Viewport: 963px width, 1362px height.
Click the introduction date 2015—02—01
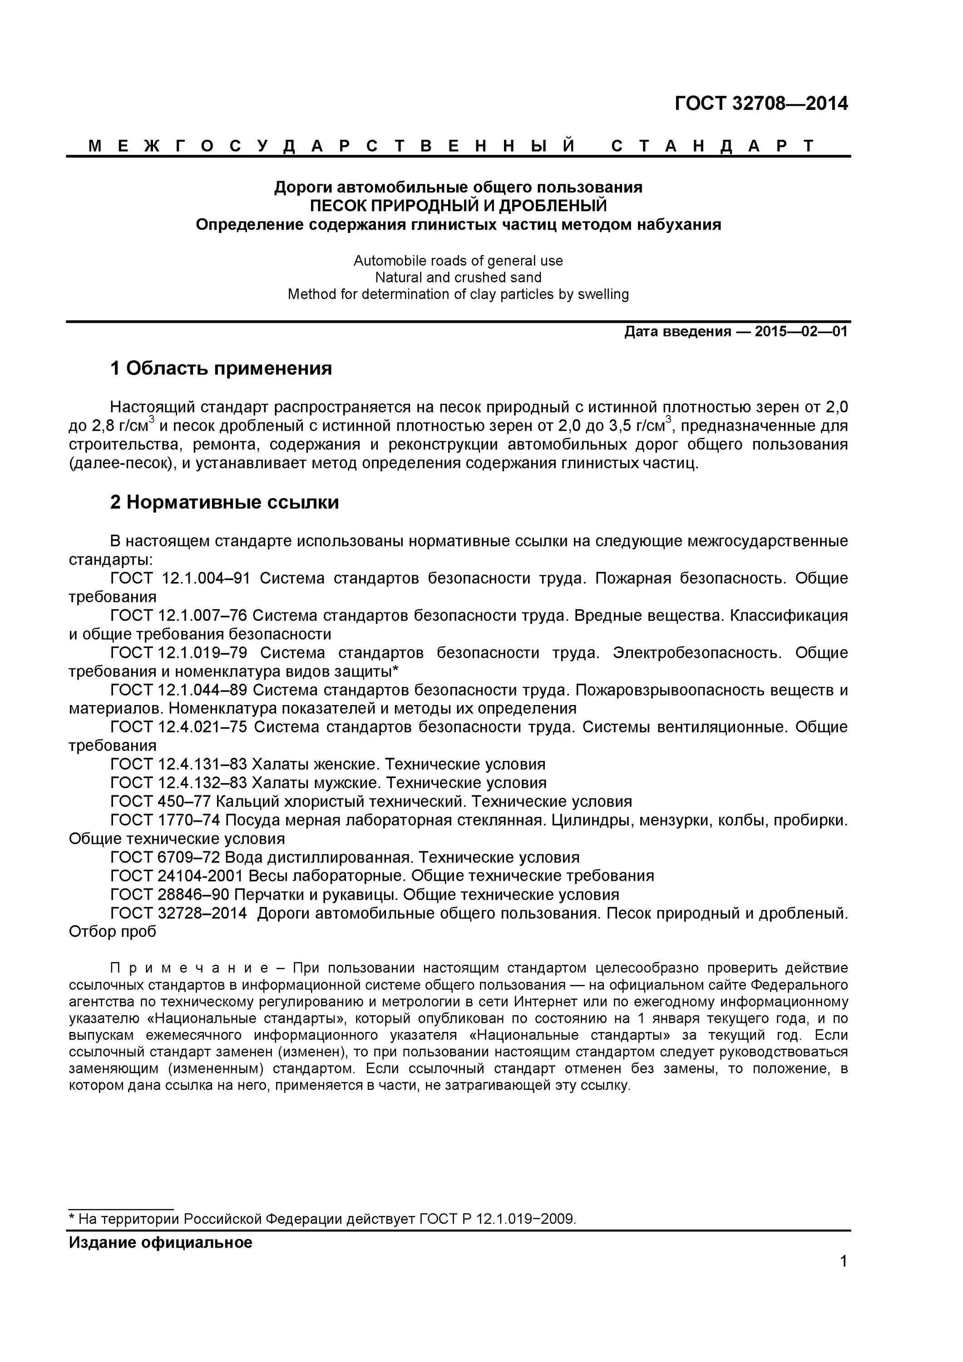pos(800,331)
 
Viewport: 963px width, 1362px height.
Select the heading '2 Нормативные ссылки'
pos(224,503)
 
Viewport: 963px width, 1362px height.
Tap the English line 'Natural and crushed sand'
pos(458,277)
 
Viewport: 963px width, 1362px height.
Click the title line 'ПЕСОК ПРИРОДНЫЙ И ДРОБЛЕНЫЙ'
pos(458,206)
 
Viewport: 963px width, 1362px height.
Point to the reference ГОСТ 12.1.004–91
pos(180,578)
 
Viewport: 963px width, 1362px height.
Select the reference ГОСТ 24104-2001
pos(176,876)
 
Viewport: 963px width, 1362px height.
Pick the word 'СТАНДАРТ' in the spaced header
pos(713,146)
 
